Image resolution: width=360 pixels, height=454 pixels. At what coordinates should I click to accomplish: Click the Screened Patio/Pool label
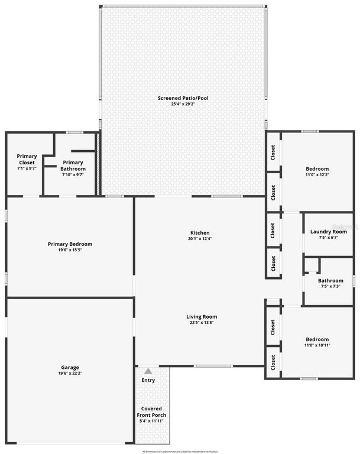point(183,98)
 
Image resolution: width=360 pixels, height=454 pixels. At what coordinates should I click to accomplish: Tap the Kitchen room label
point(200,232)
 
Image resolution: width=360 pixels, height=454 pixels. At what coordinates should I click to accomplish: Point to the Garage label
point(70,367)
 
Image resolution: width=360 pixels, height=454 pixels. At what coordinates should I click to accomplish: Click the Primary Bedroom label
point(70,244)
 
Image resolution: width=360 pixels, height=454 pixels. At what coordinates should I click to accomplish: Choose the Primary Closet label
point(27,159)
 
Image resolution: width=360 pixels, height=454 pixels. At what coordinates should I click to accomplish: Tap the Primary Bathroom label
point(73,166)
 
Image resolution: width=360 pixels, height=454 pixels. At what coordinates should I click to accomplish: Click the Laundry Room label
point(328,231)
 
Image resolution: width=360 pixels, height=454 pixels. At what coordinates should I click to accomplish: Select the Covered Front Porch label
point(153,412)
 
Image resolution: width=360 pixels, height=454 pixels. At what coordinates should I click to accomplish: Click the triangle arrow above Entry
point(148,371)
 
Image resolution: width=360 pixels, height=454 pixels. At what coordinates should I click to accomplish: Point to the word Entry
point(148,380)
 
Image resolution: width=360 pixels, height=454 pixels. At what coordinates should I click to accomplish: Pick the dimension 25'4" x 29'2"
point(183,105)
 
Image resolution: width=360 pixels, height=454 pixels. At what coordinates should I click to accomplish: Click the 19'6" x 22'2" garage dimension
point(70,374)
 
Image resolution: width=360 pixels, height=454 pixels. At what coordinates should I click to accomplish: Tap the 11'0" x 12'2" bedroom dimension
point(317,175)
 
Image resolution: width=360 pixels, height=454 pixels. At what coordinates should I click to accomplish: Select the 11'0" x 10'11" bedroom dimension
point(317,345)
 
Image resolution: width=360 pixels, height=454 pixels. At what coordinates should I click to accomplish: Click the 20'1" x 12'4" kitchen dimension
point(200,239)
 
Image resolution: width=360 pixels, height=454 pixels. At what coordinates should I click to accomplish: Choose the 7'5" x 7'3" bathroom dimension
point(330,287)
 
